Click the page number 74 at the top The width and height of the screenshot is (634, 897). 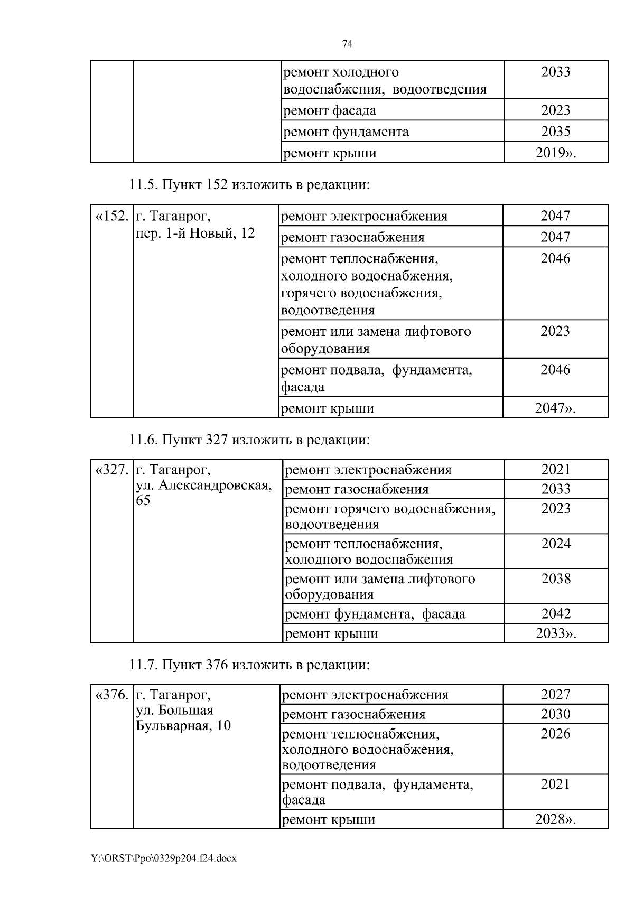click(x=347, y=44)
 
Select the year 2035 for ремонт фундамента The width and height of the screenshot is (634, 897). click(x=556, y=132)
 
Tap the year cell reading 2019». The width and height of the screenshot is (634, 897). click(x=556, y=153)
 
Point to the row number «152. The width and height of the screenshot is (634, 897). click(x=111, y=216)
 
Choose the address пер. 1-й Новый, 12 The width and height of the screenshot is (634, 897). click(x=195, y=233)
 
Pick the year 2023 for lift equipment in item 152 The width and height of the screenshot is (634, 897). click(x=555, y=331)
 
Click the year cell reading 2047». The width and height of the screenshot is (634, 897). click(x=555, y=408)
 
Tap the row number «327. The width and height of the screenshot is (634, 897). click(x=111, y=470)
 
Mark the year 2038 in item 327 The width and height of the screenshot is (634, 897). click(x=556, y=579)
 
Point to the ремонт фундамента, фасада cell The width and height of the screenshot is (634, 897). click(x=375, y=614)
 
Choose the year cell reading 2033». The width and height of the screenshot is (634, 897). click(x=556, y=633)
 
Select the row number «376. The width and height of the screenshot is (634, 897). click(x=111, y=695)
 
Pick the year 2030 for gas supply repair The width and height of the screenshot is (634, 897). click(x=555, y=714)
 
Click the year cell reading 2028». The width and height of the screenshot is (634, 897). click(x=555, y=819)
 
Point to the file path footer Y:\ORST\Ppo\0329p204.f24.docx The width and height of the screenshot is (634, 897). click(x=164, y=858)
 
